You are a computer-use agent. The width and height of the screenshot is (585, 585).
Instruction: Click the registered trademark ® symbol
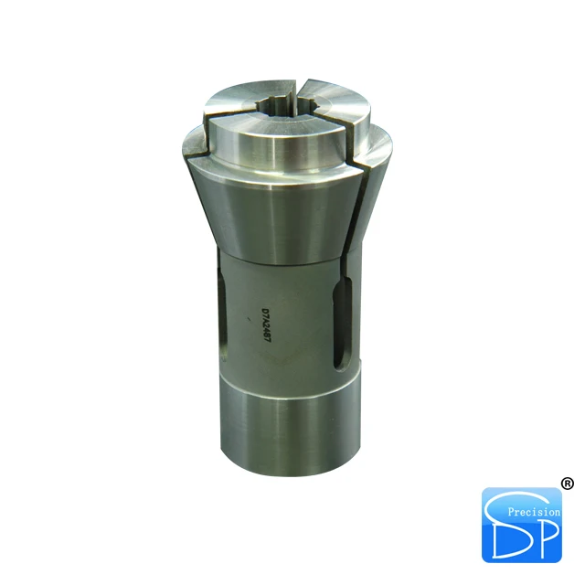pyautogui.click(x=567, y=484)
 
